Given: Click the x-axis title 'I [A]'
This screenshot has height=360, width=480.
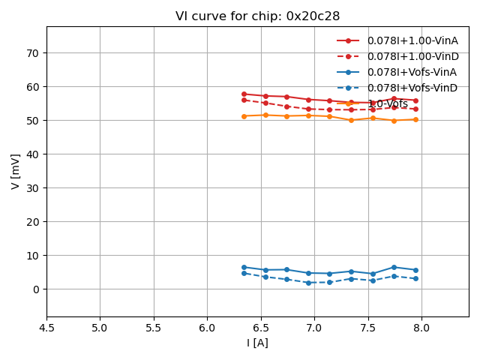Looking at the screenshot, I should coord(257,343).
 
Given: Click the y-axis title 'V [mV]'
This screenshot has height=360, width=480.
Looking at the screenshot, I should coord(16,171).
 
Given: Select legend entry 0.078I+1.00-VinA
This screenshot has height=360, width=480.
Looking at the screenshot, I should coord(412,40).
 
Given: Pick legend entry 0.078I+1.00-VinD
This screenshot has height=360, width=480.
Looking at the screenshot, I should coord(412,56).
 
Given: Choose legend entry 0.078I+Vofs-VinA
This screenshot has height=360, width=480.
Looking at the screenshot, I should coord(412,72).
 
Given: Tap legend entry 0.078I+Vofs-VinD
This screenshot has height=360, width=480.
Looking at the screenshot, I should coord(412,88).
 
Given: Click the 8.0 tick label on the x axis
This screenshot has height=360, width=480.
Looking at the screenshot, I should coord(421,328).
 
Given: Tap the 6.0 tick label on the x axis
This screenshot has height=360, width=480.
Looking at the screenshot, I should coord(207,328).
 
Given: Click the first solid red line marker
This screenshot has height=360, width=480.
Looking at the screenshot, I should coord(244,94).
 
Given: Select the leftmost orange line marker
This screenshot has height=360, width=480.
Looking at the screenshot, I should coord(244,116).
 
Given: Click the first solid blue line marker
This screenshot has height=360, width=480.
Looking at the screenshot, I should coord(244,267).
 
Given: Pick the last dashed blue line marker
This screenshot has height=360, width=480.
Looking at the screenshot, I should coord(415,279).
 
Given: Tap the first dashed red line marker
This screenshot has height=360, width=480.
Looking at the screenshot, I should coord(244,100).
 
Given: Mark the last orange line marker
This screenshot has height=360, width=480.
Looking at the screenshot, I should coord(415,119).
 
